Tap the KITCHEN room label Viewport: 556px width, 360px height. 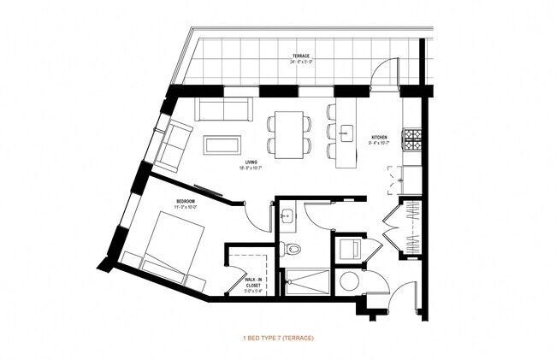tap(380, 139)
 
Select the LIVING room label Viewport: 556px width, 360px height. tap(251, 163)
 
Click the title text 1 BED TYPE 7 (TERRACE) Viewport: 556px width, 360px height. tap(278, 339)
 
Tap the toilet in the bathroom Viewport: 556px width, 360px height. tap(293, 249)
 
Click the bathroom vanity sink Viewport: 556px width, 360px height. tap(288, 215)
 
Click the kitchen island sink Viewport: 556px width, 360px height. tap(346, 132)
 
